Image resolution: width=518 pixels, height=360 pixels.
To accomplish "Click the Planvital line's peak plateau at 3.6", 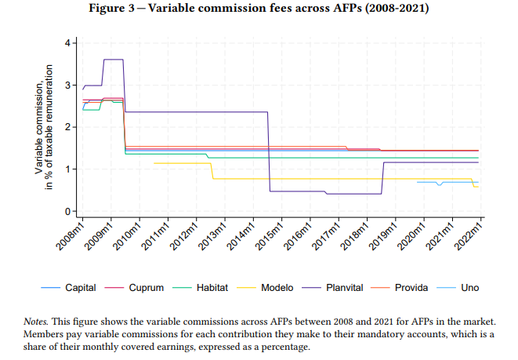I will click(114, 60).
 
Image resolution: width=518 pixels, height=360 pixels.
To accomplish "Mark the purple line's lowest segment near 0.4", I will click(353, 194).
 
